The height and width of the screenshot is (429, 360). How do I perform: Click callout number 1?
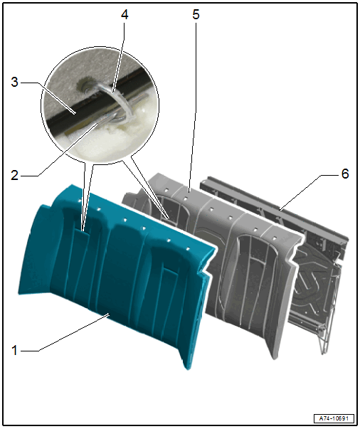pyautogui.click(x=14, y=351)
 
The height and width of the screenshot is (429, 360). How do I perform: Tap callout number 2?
pyautogui.click(x=15, y=175)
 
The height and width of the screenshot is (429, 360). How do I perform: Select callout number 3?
pyautogui.click(x=15, y=82)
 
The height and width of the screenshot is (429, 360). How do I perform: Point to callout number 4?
pyautogui.click(x=125, y=14)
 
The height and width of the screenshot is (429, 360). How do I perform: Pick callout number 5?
pyautogui.click(x=196, y=14)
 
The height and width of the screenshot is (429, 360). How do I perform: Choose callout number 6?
pyautogui.click(x=345, y=174)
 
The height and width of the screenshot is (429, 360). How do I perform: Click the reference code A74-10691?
pyautogui.click(x=334, y=418)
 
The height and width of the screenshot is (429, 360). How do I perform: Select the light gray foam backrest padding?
pyautogui.click(x=235, y=260)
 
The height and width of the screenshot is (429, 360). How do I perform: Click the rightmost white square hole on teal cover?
pyautogui.click(x=188, y=249)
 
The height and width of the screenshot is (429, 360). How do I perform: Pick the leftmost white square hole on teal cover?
pyautogui.click(x=80, y=201)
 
